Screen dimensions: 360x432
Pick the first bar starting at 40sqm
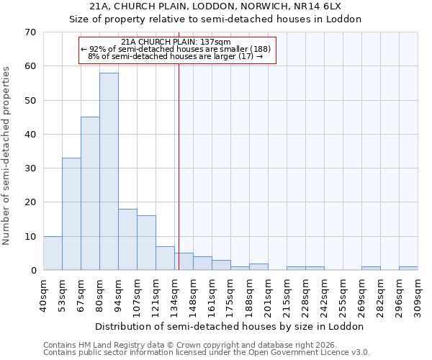tap(53, 253)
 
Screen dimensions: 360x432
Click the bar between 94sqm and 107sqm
tap(127, 239)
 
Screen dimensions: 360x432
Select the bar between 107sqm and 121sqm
tap(146, 243)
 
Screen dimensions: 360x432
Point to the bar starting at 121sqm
tap(165, 258)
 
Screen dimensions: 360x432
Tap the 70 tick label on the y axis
tap(30, 32)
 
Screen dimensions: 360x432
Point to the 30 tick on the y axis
tap(30, 168)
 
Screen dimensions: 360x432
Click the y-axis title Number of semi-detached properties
tap(7, 155)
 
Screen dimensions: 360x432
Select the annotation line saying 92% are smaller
tap(176, 49)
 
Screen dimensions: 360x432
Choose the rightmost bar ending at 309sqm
tap(408, 269)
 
